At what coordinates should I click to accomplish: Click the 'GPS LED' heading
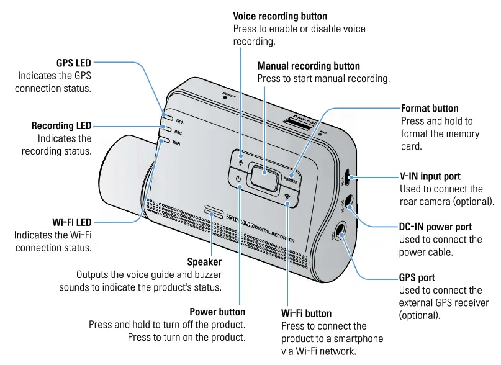click(x=74, y=63)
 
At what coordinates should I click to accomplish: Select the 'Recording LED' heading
click(x=61, y=126)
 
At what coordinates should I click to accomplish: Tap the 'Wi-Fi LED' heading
click(x=72, y=222)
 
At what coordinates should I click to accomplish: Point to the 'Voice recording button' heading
click(x=280, y=16)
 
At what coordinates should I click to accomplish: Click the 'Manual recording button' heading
click(x=309, y=66)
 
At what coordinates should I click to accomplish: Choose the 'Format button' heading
click(x=430, y=109)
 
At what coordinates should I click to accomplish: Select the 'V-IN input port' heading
click(x=430, y=177)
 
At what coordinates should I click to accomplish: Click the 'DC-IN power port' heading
click(x=435, y=227)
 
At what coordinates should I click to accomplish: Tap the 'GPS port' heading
click(x=417, y=277)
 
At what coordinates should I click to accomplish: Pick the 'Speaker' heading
click(x=204, y=262)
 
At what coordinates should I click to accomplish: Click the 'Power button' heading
click(x=217, y=312)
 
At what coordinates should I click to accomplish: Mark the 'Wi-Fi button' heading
click(x=306, y=313)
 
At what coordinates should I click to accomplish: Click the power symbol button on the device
click(x=238, y=180)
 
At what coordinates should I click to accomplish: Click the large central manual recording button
click(x=263, y=176)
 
